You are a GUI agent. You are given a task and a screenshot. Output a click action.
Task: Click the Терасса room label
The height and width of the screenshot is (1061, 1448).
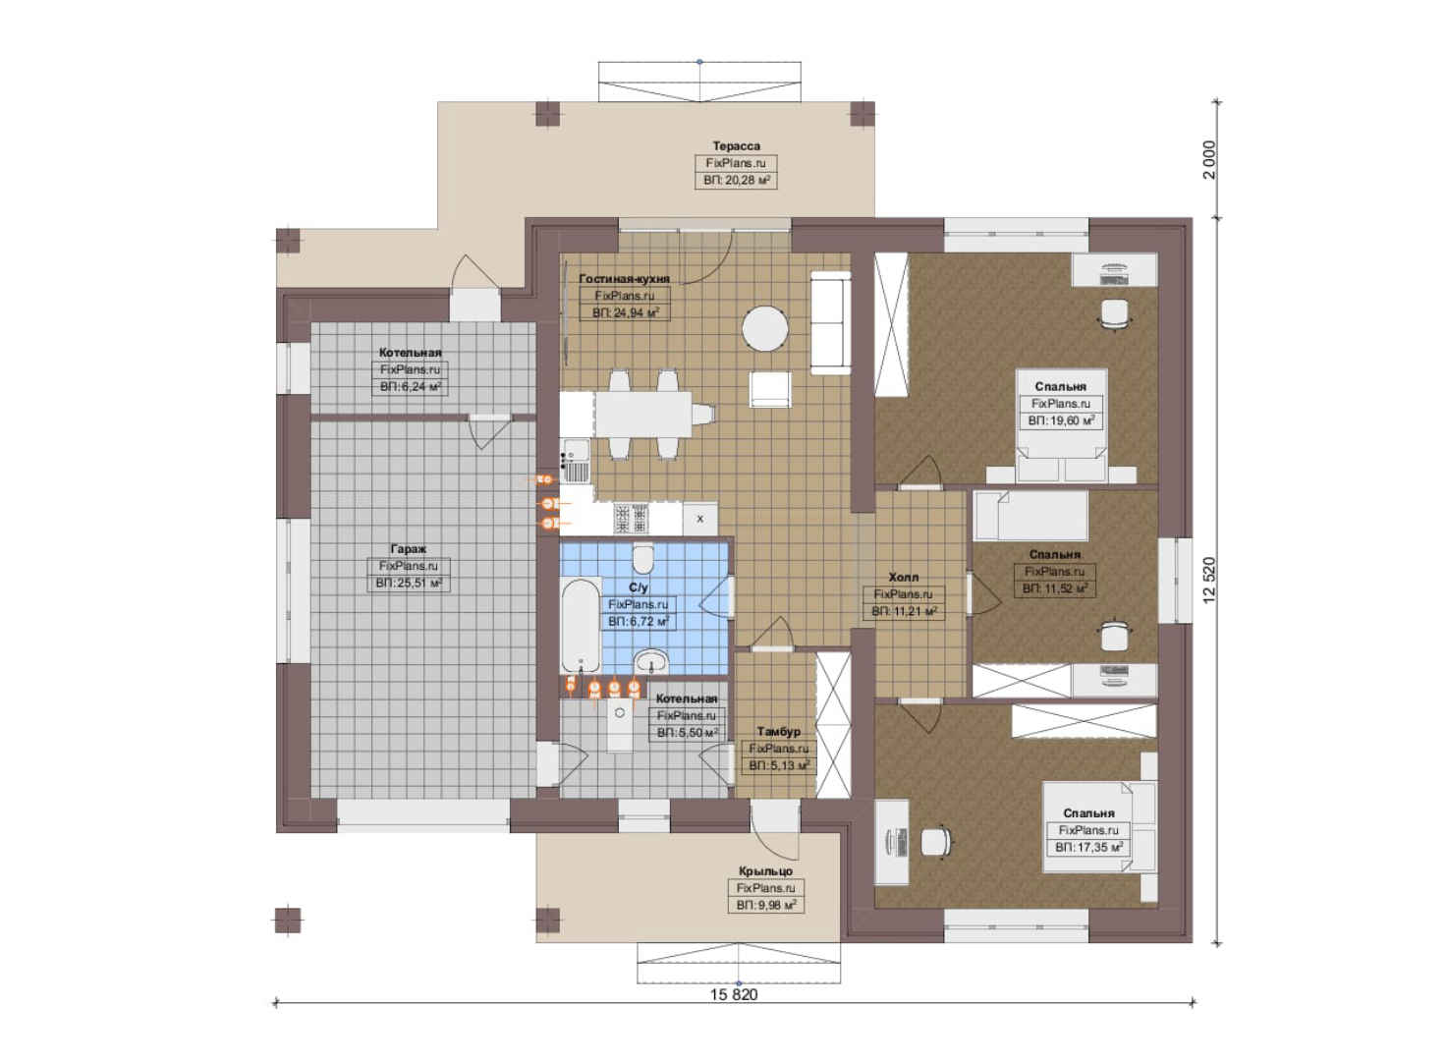(737, 146)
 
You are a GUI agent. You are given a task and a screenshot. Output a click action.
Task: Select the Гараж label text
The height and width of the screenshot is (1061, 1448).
(408, 549)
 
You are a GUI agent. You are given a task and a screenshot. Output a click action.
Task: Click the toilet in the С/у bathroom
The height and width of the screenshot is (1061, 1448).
(643, 559)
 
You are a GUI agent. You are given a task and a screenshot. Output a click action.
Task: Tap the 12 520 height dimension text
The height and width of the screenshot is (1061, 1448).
(1209, 581)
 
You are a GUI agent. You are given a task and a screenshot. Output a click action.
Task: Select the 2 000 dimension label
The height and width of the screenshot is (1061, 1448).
(1209, 160)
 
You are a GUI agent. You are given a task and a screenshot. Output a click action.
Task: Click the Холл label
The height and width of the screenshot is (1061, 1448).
(903, 577)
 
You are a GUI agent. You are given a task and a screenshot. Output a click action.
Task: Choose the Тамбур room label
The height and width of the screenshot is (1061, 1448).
(778, 731)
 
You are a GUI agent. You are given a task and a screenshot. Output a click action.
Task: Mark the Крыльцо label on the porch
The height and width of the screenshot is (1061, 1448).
(765, 871)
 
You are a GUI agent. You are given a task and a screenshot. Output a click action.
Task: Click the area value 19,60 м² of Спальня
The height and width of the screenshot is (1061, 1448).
(1061, 420)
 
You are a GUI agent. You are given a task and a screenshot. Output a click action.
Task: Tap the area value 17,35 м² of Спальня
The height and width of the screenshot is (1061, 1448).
(1088, 847)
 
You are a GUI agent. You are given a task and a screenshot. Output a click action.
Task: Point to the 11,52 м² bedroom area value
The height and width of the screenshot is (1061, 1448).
(1055, 589)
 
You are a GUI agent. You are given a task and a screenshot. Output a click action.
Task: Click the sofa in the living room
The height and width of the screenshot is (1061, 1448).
(831, 322)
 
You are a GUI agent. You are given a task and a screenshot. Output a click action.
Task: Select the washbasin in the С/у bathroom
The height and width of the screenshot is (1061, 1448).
(651, 661)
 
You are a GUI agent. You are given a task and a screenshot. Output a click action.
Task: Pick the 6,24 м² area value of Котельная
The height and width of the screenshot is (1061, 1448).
(411, 387)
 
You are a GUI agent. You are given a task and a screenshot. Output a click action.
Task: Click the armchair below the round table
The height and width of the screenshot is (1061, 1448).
(770, 389)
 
